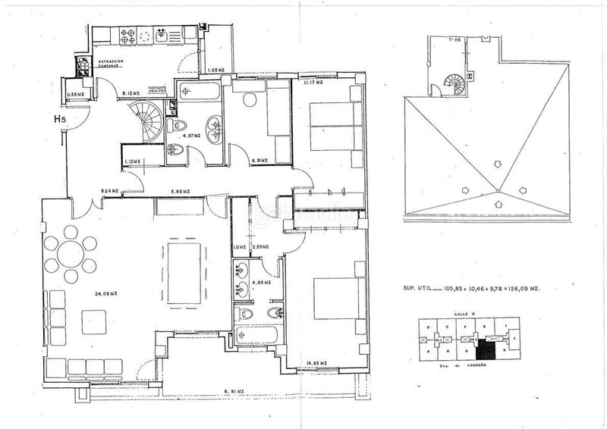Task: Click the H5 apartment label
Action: pyautogui.click(x=58, y=118)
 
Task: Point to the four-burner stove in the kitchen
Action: pyautogui.click(x=126, y=34)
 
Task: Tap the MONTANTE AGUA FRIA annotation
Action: pyautogui.click(x=157, y=89)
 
